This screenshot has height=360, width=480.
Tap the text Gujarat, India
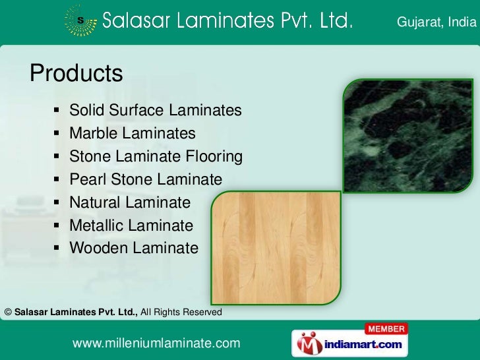tap(435, 24)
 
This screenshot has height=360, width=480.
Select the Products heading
tap(76, 73)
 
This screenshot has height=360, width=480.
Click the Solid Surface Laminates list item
tap(156, 110)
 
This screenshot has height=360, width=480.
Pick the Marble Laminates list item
tap(133, 133)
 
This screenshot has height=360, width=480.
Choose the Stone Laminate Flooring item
tap(156, 156)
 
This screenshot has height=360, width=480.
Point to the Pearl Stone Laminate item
tap(146, 179)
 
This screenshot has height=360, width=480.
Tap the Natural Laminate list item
tap(130, 202)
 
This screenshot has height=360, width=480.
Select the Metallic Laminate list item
tap(131, 225)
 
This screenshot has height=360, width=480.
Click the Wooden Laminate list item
tap(134, 249)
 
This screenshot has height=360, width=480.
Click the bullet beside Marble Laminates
tap(57, 134)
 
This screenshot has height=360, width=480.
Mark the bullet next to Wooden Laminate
tap(57, 249)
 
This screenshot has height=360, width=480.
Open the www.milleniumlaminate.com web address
tap(156, 344)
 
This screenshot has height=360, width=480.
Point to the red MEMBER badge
tap(387, 328)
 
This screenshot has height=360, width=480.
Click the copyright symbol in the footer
tap(7, 311)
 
